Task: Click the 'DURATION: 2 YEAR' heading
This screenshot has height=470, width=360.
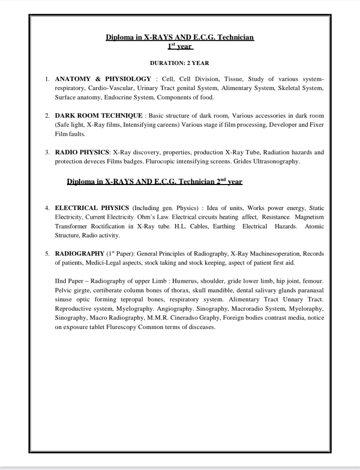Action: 179,63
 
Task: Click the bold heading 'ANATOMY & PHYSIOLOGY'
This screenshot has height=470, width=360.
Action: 103,79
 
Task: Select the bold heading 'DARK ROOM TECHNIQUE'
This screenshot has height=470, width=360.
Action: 98,116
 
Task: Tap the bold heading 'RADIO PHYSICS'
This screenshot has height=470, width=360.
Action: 82,152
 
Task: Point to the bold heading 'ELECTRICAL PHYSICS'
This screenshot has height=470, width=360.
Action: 92,208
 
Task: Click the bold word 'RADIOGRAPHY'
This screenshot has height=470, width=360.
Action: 79,254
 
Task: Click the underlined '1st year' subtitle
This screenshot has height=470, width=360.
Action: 180,46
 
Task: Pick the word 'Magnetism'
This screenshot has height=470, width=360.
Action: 309,217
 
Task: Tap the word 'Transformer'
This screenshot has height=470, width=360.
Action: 71,227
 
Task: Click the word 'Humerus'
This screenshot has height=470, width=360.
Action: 185,281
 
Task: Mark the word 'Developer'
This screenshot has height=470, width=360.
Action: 283,125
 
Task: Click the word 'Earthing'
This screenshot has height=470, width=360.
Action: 224,227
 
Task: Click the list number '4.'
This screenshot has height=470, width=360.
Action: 47,208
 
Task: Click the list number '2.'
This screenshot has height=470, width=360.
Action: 47,116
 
